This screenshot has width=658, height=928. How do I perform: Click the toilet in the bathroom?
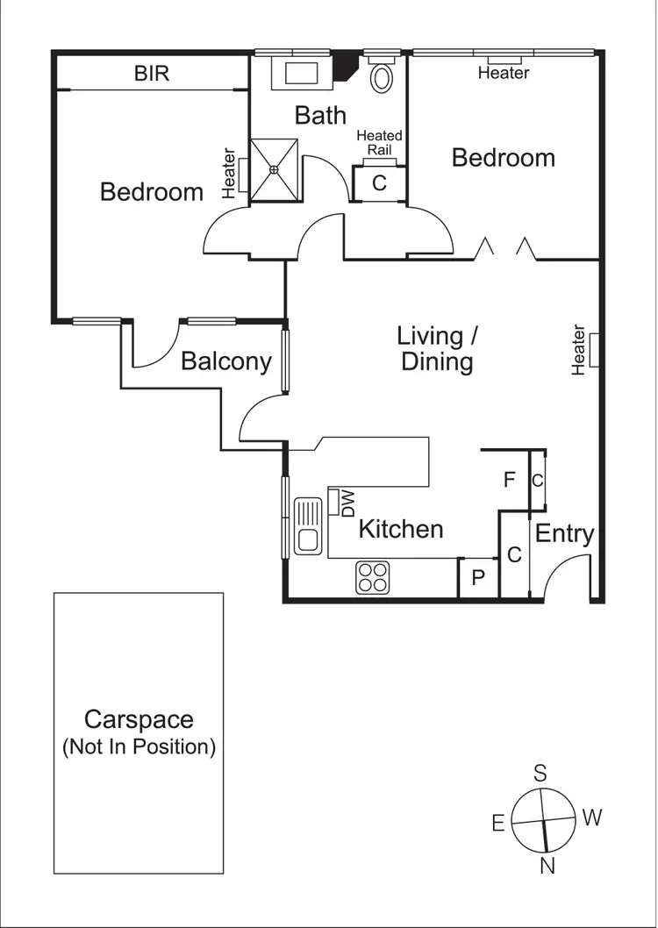383,77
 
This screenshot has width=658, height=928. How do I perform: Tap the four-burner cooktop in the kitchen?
372,577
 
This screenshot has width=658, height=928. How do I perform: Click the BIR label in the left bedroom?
152,74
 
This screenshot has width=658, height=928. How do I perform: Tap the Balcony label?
226,361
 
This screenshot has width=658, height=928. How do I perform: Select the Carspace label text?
139,720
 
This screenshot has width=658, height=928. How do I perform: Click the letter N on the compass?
548,867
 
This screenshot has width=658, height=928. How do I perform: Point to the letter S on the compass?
541,773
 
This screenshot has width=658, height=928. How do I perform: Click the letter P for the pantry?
478,579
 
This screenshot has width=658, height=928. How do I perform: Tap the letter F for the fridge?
509,480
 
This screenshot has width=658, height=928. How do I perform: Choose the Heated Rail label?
379,142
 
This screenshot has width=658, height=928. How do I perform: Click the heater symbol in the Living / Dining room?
594,349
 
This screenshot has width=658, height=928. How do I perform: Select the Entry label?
565,533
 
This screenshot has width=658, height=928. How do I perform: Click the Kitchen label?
401,529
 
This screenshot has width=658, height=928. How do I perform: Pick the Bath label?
320,115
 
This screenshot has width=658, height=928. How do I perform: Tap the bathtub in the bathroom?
300,72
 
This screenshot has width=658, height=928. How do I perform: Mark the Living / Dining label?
437,348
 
